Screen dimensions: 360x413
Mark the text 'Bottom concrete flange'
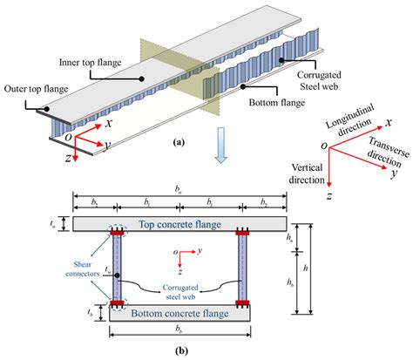(x=178, y=314)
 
